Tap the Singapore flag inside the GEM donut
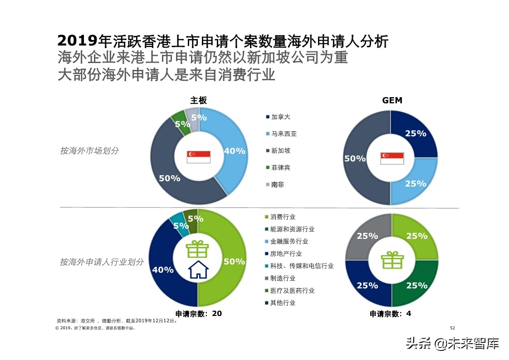392,158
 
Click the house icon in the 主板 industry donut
198,269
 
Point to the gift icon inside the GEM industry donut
392,260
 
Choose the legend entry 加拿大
280,117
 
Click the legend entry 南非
277,185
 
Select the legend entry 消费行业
283,217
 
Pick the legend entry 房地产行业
286,254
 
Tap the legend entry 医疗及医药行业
292,291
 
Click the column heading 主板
198,100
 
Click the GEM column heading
392,100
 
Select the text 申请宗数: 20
198,313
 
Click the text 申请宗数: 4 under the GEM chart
390,313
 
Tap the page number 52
452,328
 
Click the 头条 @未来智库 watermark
452,344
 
